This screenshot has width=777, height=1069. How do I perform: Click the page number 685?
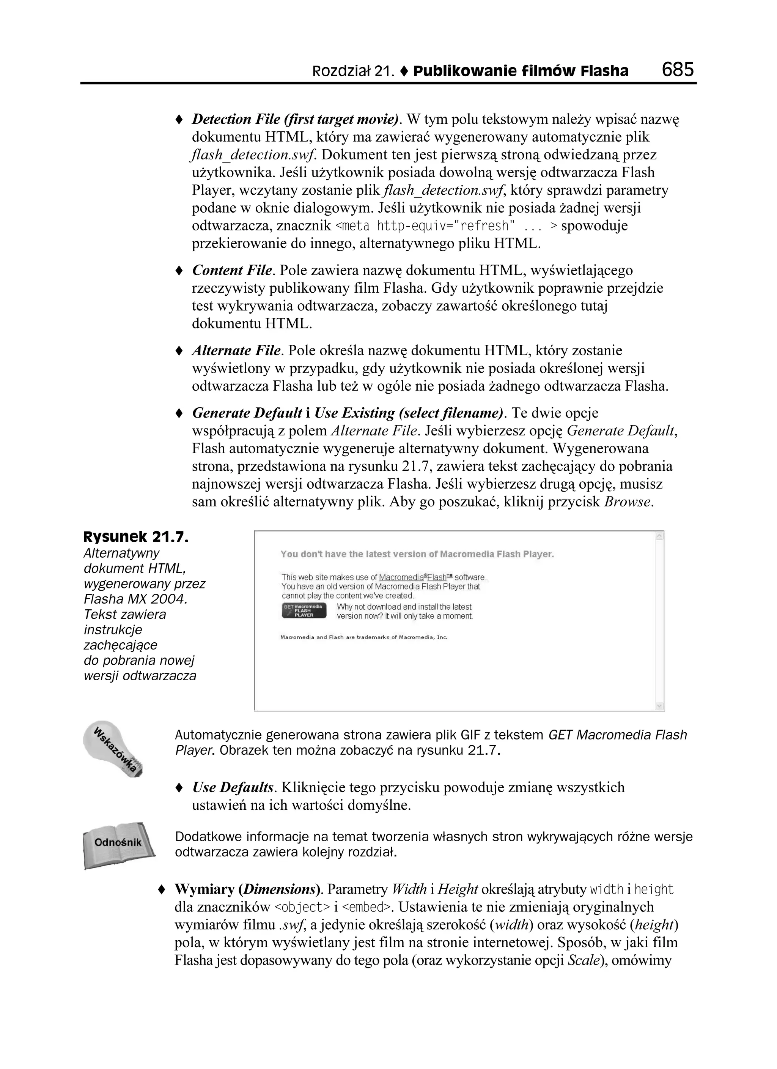[677, 70]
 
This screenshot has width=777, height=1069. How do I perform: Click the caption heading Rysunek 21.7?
[135, 537]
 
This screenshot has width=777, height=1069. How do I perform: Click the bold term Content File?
[232, 271]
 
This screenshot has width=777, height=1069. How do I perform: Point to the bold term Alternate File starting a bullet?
[236, 351]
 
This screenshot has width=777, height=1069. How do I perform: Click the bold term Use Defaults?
[233, 787]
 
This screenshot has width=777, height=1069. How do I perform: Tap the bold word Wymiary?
[204, 889]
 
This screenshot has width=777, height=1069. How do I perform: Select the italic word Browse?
[628, 501]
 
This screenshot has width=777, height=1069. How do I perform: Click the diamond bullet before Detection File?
[179, 120]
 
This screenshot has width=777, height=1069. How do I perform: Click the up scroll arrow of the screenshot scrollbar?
[659, 536]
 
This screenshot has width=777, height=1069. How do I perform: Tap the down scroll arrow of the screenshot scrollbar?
[659, 706]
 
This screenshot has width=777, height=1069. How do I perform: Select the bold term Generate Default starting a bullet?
[247, 413]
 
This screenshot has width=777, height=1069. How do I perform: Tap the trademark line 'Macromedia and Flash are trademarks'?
[363, 637]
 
